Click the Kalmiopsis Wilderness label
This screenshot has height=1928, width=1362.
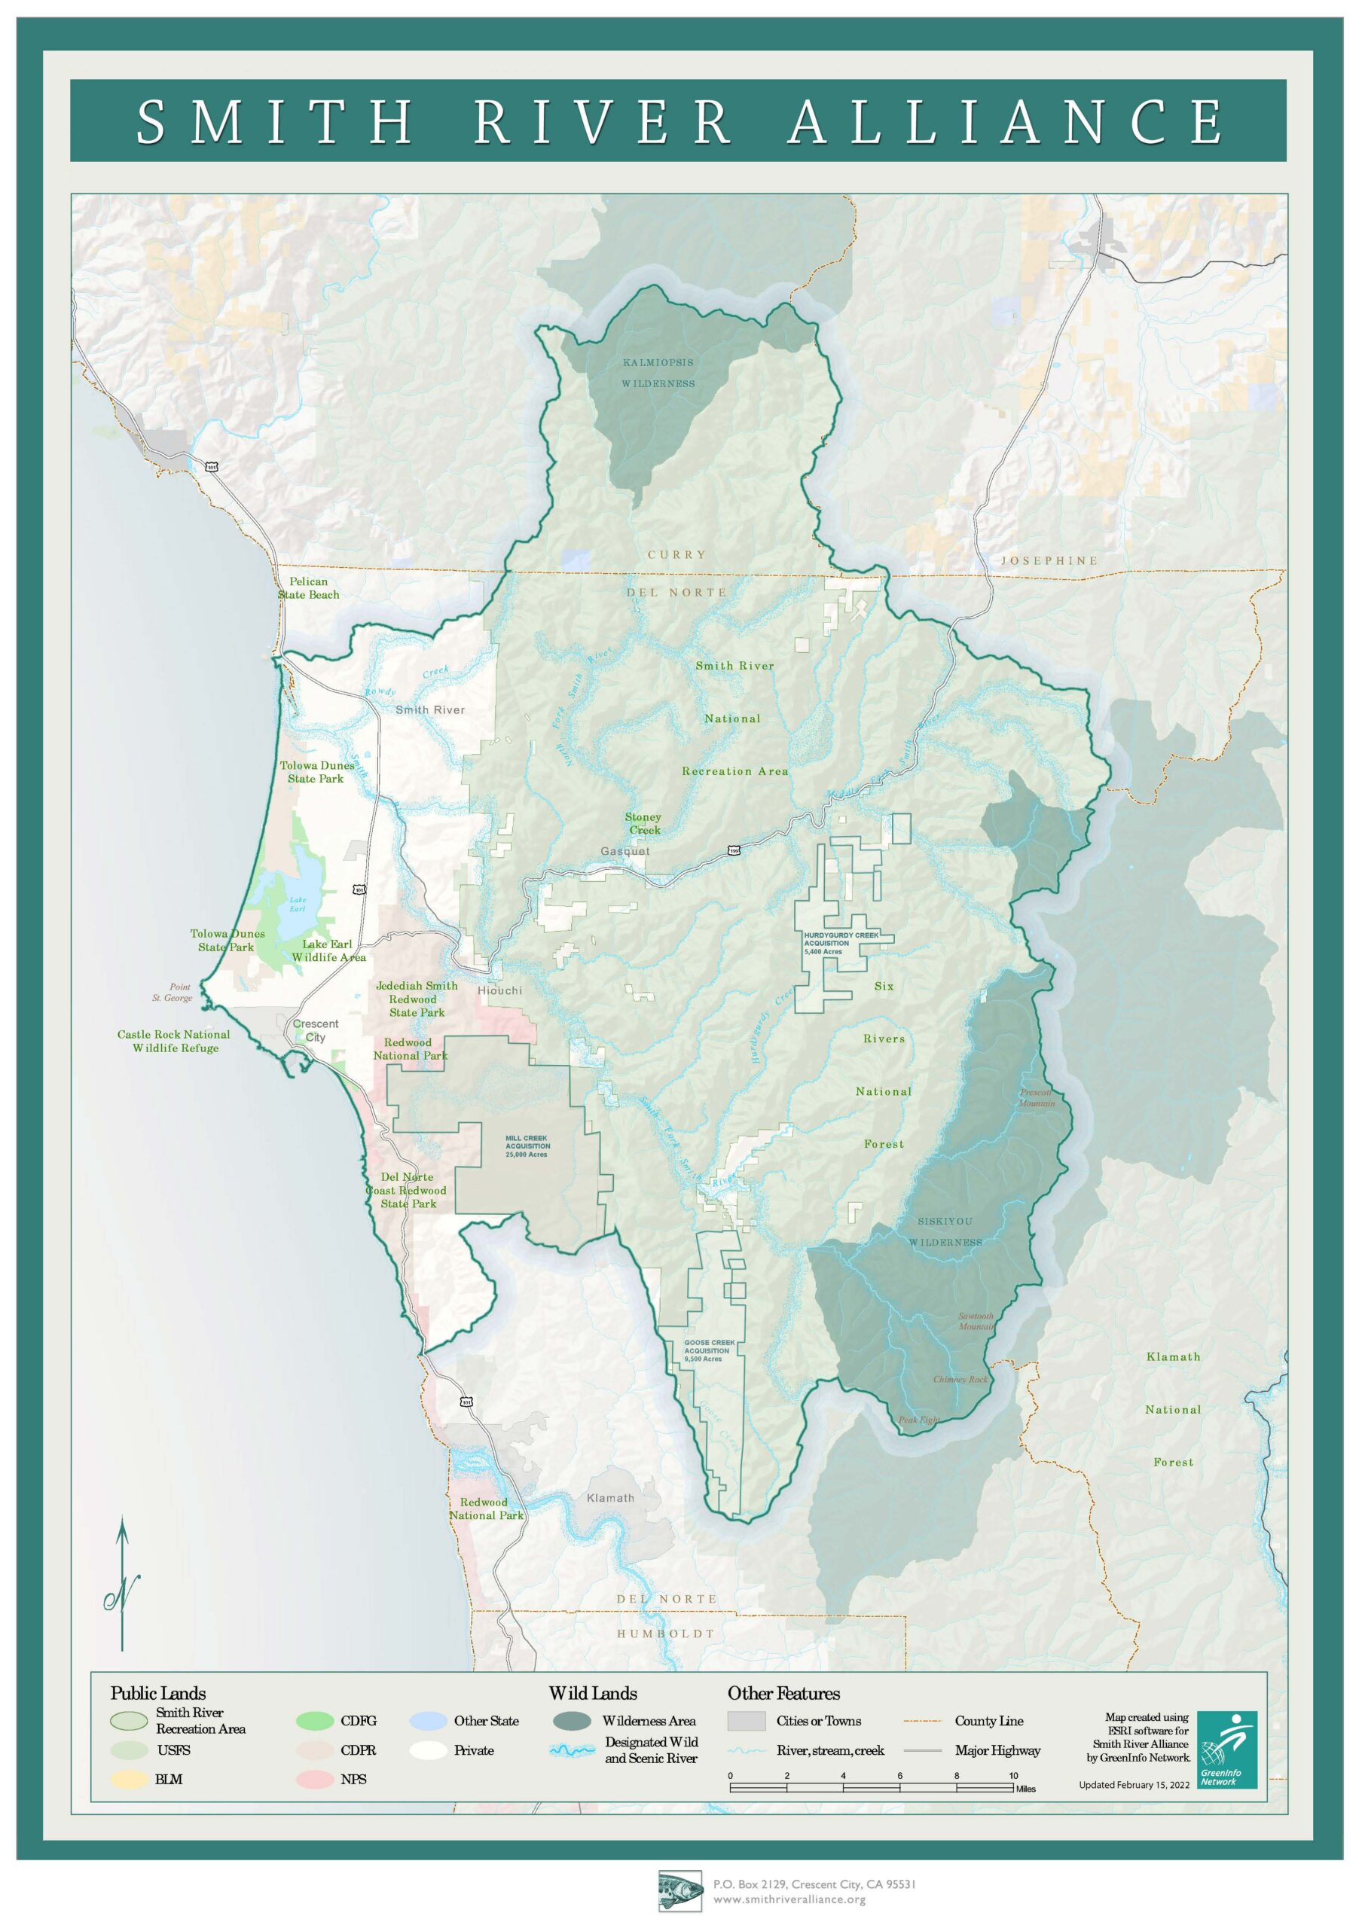pos(658,373)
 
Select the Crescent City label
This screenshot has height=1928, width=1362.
pos(316,1030)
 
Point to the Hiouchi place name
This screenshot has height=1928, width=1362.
pos(499,991)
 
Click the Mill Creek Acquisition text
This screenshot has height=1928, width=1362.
pos(527,1146)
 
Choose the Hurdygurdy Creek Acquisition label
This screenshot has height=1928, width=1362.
pos(841,943)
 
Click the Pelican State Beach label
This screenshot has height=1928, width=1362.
pos(308,587)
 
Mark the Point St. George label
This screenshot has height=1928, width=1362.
pos(173,993)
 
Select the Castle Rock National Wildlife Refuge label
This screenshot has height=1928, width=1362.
pos(174,1042)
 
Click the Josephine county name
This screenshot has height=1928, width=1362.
pos(1049,560)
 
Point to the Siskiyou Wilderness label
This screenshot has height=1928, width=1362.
pos(945,1232)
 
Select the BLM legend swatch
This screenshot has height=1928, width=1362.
pos(129,1780)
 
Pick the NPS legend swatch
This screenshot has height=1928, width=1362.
pos(314,1780)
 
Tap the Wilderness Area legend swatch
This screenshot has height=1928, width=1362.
pos(572,1721)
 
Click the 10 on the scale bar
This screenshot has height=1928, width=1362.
pos(1012,1775)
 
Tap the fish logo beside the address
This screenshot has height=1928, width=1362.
pos(679,1891)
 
